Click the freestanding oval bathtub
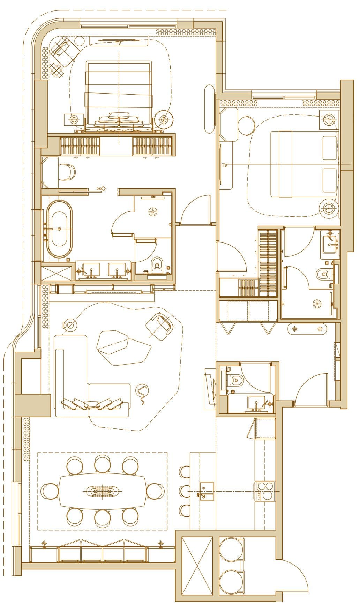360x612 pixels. coord(59,229)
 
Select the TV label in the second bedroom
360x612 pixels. coord(225,166)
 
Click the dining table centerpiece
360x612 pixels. coord(103,491)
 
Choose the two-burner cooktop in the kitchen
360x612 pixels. coord(265,491)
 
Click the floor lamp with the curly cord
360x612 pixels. coord(142,391)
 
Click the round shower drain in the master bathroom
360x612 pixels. coord(153,211)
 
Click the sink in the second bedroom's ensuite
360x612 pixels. coord(330,242)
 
